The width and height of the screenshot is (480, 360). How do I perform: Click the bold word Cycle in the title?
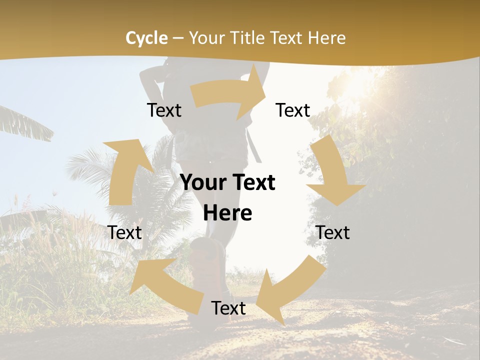tap(146, 38)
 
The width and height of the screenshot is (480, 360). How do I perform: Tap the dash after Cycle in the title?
tap(177, 38)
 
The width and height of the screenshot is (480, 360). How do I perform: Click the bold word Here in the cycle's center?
tap(227, 213)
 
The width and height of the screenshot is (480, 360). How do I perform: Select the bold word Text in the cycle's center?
tap(252, 183)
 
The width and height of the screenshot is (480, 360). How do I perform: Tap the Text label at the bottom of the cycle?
tap(228, 308)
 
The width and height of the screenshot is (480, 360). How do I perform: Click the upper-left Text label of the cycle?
tap(164, 110)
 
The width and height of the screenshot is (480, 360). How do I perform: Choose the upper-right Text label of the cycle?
tap(293, 110)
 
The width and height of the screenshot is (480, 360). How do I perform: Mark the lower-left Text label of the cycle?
tap(125, 232)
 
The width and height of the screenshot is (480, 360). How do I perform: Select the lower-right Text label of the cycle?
tap(333, 232)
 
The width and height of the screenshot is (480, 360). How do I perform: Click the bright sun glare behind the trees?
tap(357, 85)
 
